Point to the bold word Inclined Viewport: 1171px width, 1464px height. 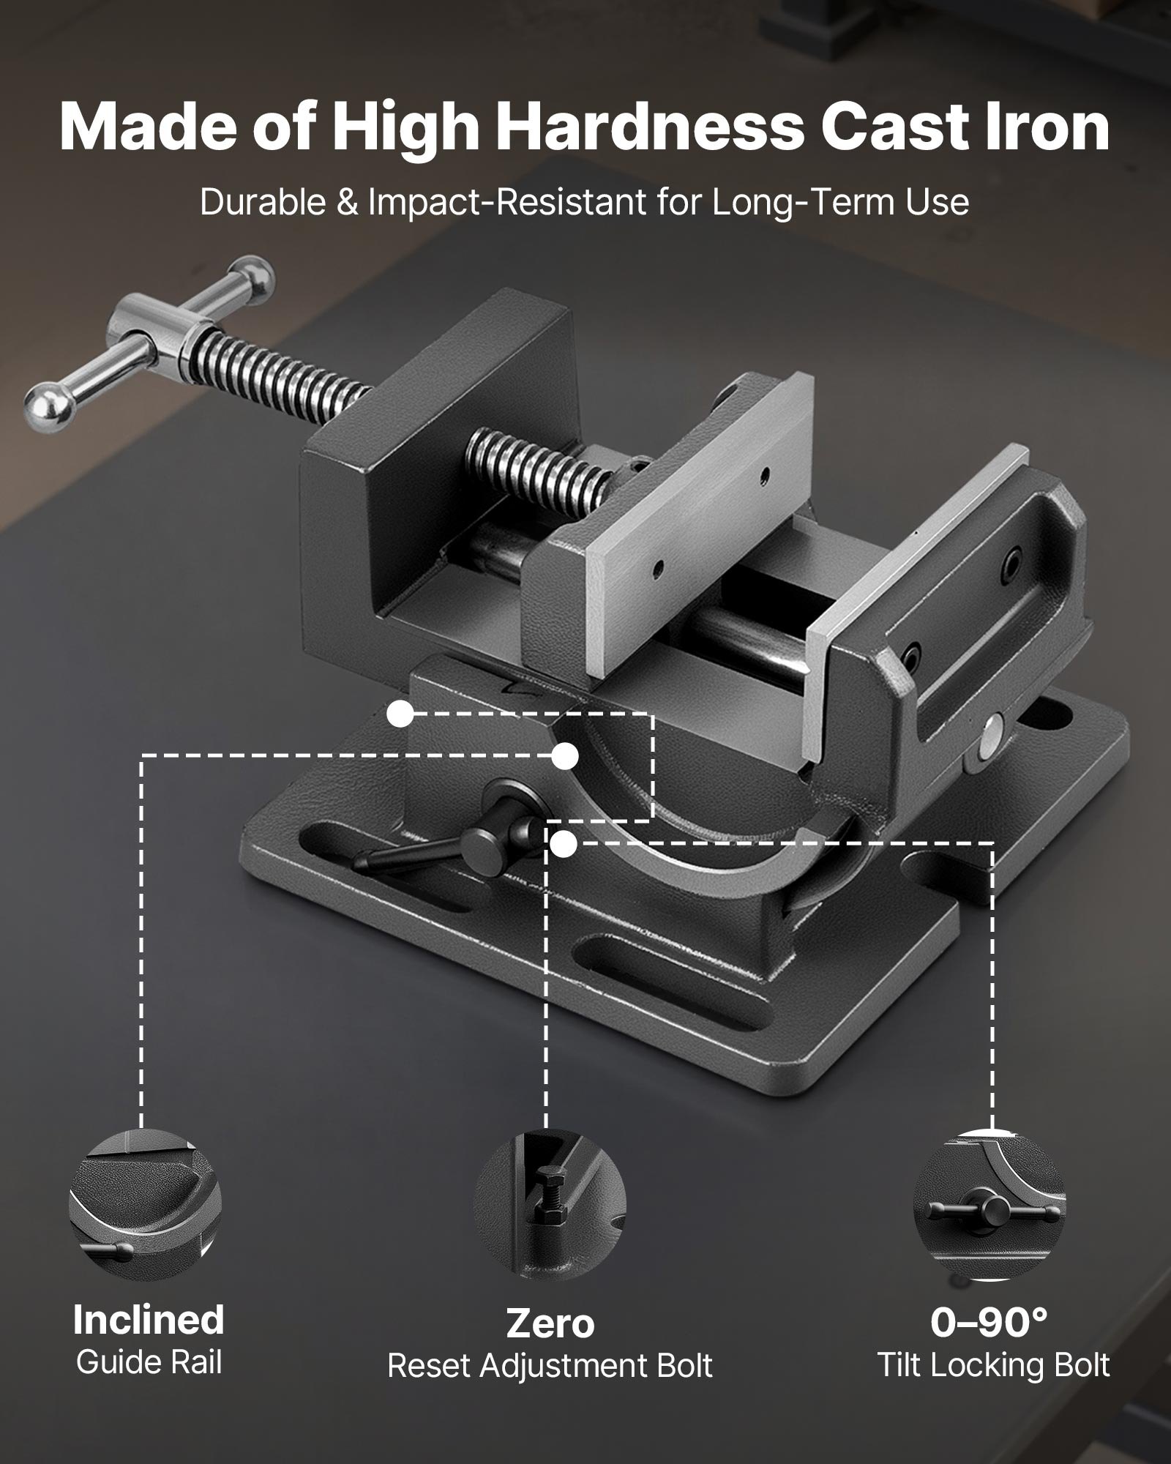coord(149,1320)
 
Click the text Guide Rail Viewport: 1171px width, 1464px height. coord(149,1362)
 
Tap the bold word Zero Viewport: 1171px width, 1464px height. coord(550,1323)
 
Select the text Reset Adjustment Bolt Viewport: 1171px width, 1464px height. coord(550,1366)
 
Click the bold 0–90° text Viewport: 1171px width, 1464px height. coord(989,1321)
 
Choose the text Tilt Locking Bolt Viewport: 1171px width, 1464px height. coord(993,1365)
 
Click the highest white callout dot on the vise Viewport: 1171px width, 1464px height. coord(400,714)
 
